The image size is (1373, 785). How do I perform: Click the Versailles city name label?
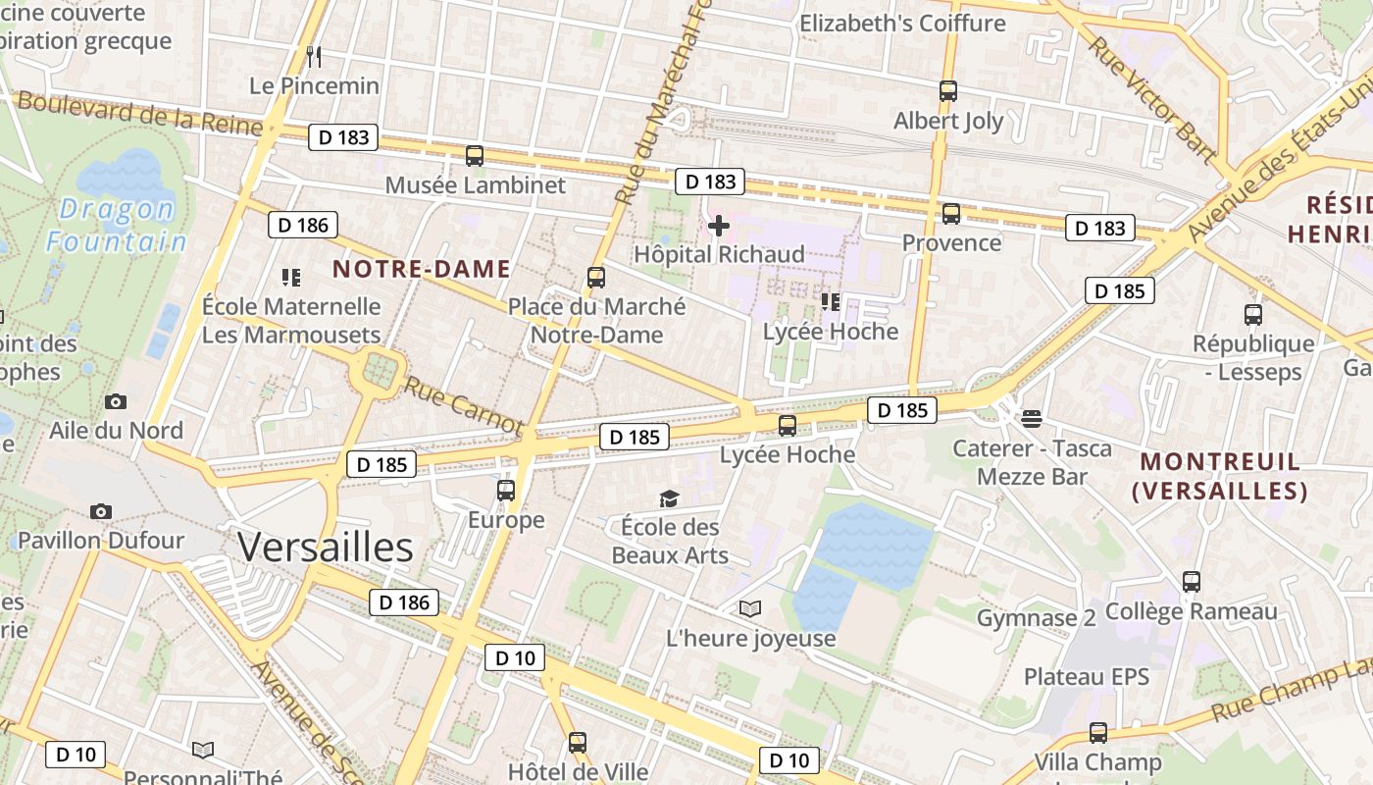[325, 547]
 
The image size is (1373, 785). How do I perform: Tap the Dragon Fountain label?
[117, 225]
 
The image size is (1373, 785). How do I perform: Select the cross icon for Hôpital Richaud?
[719, 227]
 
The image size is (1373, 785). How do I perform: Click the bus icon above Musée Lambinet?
[475, 156]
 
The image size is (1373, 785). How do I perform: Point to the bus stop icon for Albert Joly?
[948, 91]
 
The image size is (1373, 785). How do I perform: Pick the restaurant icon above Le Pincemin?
[314, 56]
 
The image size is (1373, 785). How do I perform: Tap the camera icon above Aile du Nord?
[116, 401]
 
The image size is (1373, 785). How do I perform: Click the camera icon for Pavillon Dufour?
[101, 511]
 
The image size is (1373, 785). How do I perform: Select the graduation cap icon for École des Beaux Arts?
[669, 499]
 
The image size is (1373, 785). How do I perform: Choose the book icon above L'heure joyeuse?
[750, 609]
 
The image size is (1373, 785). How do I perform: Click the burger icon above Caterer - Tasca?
[1032, 419]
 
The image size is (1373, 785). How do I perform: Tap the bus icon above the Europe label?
[506, 490]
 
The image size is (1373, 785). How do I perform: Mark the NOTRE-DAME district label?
[422, 269]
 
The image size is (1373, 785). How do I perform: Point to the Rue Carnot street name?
[462, 405]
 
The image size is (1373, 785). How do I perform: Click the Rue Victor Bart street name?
[1152, 98]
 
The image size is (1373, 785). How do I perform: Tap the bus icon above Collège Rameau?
[1192, 582]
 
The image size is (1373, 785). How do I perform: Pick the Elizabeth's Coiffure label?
[902, 23]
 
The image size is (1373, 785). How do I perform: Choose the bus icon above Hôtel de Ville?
[578, 743]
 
